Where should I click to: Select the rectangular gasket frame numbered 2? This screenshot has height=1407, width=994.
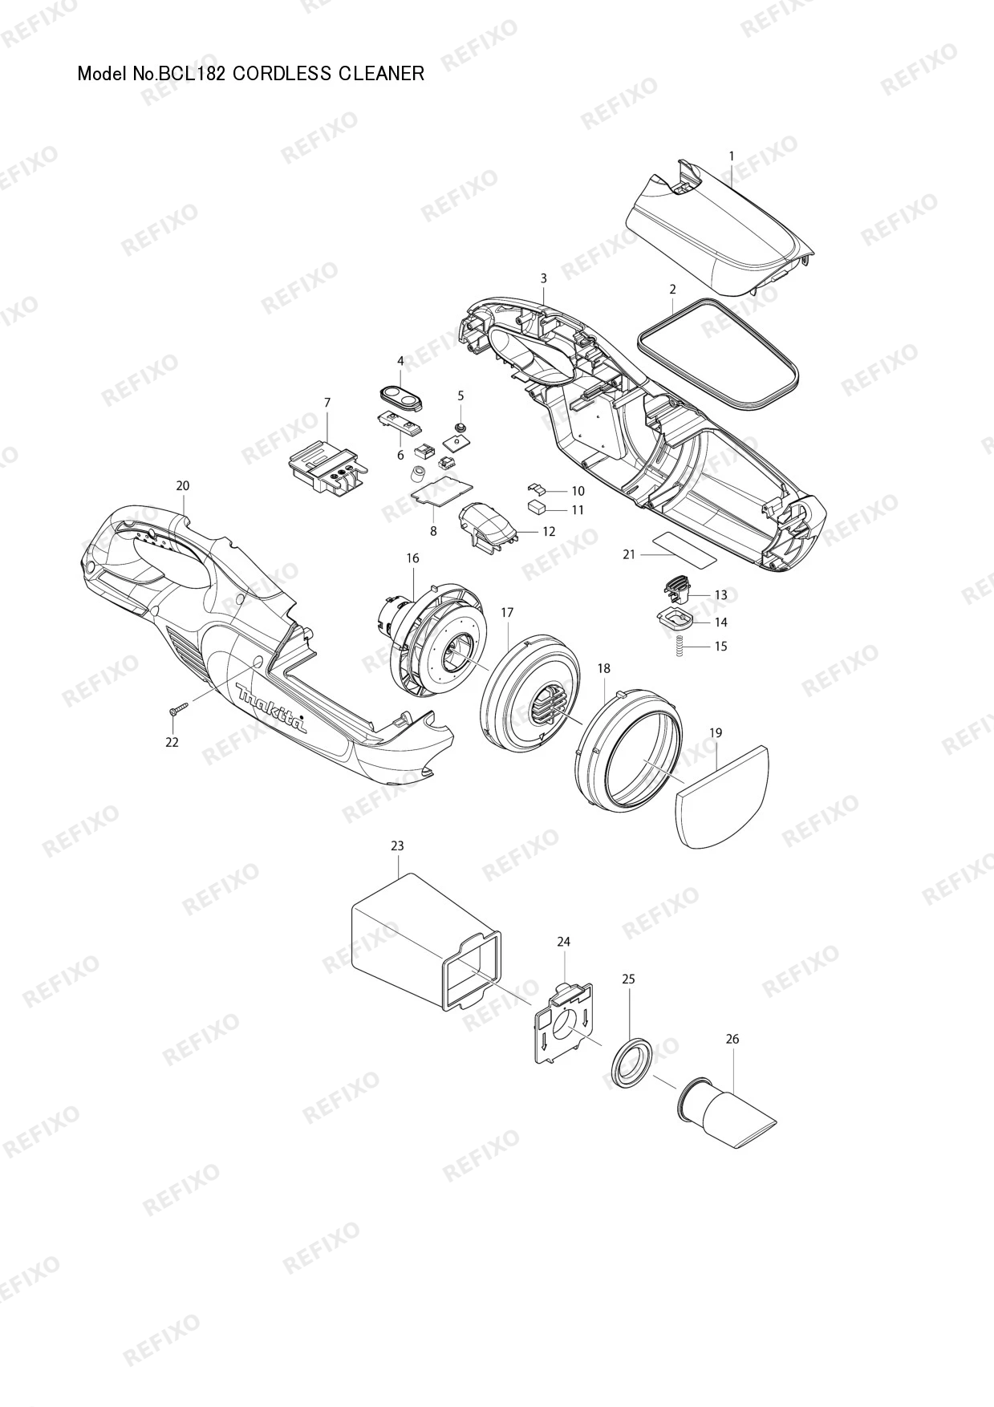click(718, 353)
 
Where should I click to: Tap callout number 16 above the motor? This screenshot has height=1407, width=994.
click(412, 558)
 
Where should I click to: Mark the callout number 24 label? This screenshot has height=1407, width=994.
click(563, 941)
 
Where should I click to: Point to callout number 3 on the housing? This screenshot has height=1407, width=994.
click(543, 278)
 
